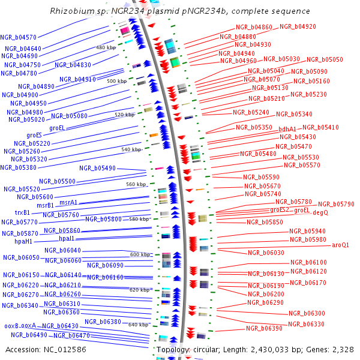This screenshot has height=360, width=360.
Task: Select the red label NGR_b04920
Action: pos(298,26)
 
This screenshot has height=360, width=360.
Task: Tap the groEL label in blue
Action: pos(57,128)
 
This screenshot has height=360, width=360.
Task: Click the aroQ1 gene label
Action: pos(340,245)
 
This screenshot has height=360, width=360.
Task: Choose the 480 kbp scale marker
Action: pos(106,47)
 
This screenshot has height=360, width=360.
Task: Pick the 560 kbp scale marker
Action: pos(136,184)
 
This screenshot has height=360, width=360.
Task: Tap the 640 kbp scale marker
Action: pos(139,325)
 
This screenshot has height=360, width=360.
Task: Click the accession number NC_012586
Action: pos(62,349)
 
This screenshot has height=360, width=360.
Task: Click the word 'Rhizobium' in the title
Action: pos(71,11)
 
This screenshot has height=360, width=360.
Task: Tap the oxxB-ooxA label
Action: pos(21,326)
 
